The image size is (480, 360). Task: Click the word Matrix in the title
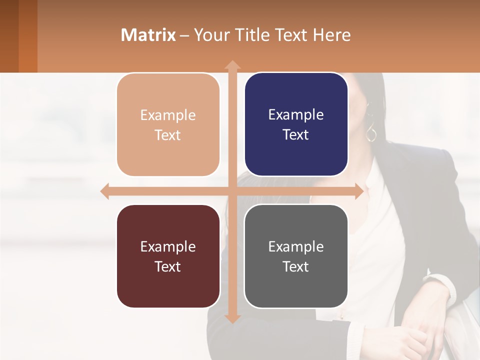coord(148,35)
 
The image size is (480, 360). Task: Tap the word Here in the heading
coord(331,35)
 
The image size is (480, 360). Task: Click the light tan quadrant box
coord(168,124)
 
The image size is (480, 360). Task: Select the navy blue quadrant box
coord(296,124)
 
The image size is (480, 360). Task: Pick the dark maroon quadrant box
coord(168,256)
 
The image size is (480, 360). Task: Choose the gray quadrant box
coord(296,256)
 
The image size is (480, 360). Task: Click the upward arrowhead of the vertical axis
coord(232,65)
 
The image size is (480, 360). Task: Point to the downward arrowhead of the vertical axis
coord(232,318)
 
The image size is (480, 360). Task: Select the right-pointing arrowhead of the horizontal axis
coord(358,191)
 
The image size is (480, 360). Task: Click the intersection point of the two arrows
coord(232,191)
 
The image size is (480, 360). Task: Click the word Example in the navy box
coord(296,115)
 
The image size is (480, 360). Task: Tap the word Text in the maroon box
coord(167,266)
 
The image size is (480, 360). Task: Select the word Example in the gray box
coord(296,246)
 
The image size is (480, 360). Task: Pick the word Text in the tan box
coord(167,135)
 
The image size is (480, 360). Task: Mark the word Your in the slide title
coord(210,35)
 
